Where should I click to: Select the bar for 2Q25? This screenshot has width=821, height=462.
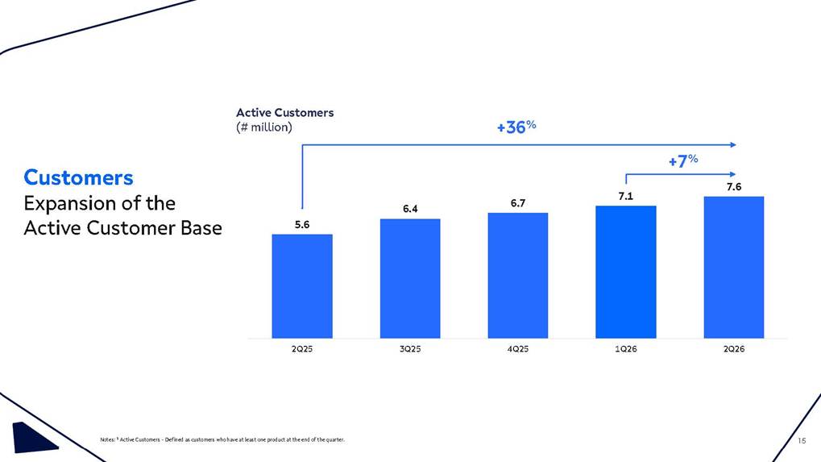tap(302, 286)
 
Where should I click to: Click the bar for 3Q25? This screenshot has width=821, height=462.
tap(410, 279)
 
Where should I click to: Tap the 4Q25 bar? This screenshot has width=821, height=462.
tap(518, 276)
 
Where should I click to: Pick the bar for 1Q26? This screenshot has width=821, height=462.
tap(626, 272)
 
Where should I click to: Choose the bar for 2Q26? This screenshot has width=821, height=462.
tap(733, 267)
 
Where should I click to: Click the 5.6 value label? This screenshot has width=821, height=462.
tap(302, 225)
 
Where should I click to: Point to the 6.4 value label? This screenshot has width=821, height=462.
tap(410, 209)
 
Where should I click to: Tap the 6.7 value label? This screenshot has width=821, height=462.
tap(518, 203)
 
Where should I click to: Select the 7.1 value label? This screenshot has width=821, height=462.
tap(626, 197)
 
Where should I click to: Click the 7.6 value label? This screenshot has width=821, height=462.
tap(733, 187)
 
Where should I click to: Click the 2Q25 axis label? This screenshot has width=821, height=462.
tap(302, 349)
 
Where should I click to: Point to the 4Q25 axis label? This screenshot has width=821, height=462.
tap(518, 349)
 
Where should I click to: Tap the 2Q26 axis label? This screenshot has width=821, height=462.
tap(733, 349)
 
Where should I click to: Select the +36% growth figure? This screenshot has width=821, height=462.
tap(516, 127)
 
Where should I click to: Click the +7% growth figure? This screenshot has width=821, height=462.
tap(683, 160)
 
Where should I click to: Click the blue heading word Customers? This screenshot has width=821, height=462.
tap(78, 177)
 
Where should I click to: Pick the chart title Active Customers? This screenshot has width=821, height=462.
tap(285, 113)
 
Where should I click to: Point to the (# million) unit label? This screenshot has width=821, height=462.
tap(264, 127)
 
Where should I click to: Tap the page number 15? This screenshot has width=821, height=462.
tap(802, 441)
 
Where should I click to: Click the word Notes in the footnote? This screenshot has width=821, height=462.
tap(107, 439)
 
